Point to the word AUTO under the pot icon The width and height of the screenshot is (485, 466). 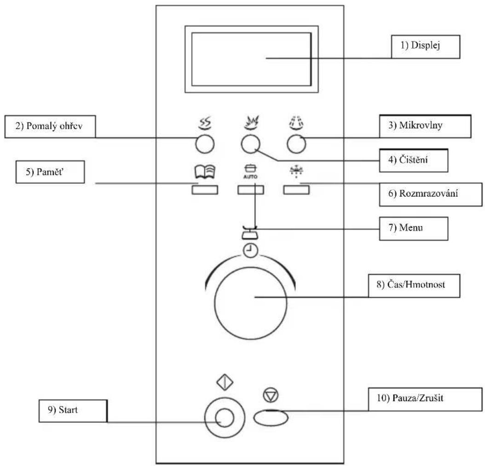click(x=250, y=176)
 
